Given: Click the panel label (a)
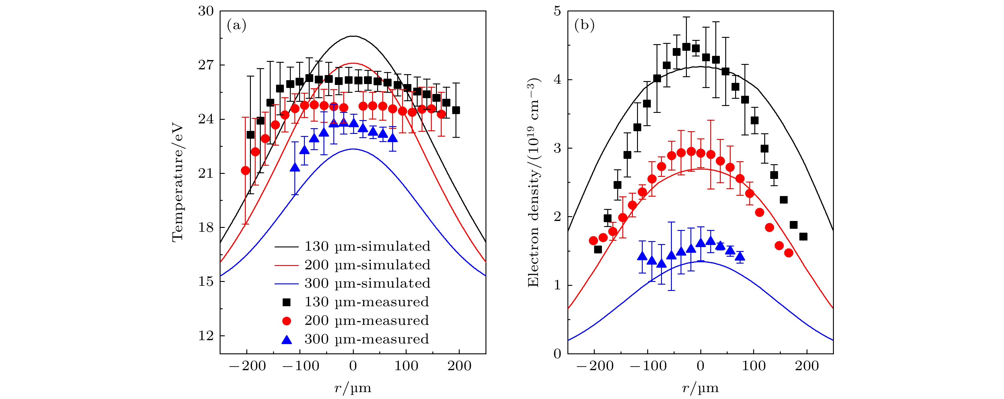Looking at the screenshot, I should coord(236,26).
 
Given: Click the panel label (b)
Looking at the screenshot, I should coord(584,26).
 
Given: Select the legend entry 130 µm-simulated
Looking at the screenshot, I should coord(367,246).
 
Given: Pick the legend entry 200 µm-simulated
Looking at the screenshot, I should coord(367,265).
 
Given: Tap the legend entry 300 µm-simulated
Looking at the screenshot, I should coord(367,283).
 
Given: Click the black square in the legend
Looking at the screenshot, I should coord(287,302).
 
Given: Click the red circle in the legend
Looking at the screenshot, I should coord(287,321).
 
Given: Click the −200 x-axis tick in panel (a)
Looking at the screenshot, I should coord(248,366).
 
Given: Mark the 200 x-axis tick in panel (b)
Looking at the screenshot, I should coord(807,366).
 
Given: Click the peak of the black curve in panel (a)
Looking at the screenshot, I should coord(353,36).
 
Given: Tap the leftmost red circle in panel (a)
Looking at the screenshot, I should coord(245,171).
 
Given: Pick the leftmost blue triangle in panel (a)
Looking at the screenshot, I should coord(295,167).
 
